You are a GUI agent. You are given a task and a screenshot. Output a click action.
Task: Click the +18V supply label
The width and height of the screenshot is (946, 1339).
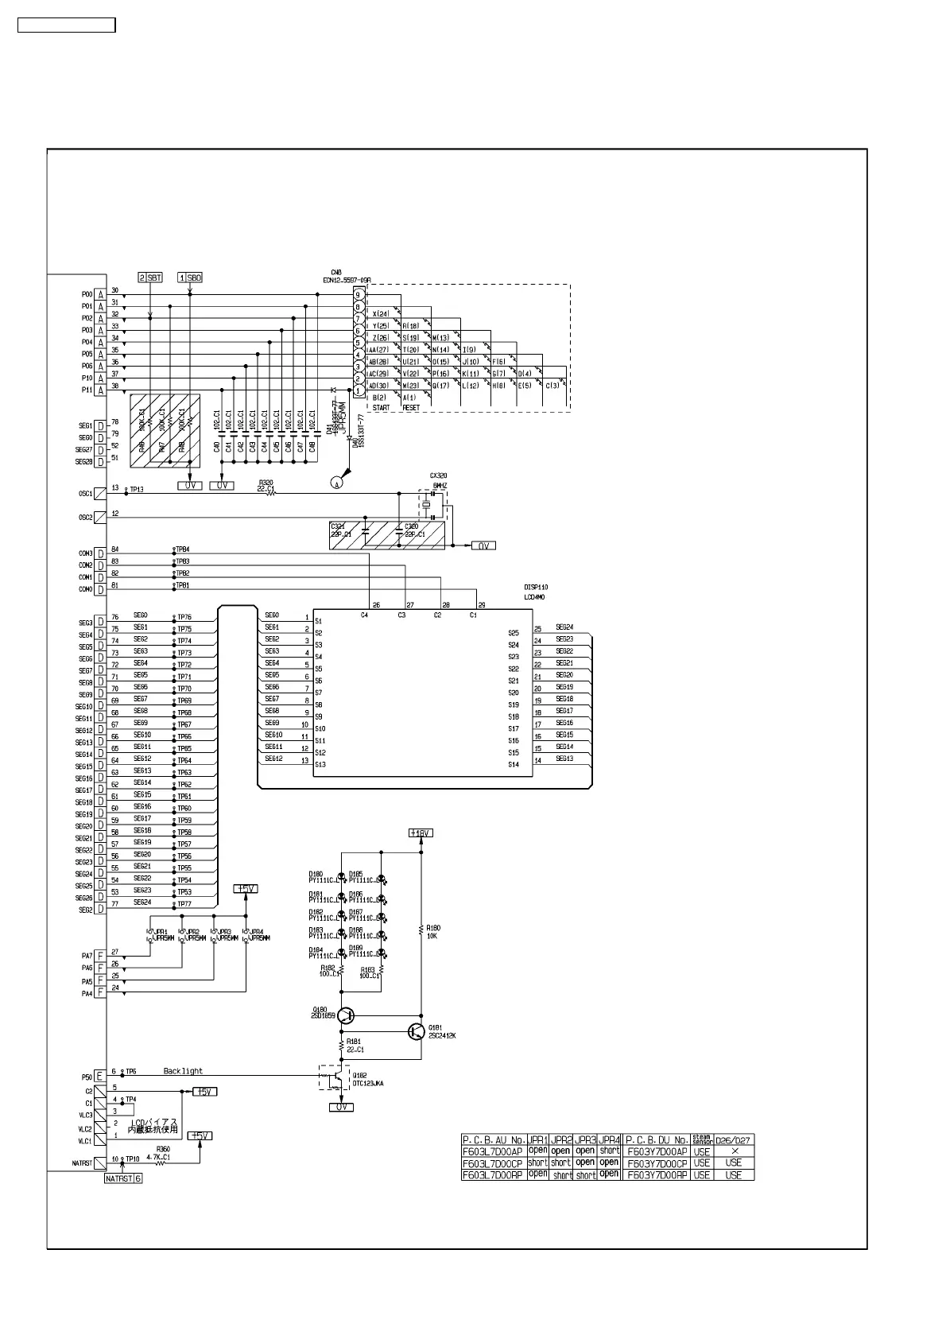tap(421, 833)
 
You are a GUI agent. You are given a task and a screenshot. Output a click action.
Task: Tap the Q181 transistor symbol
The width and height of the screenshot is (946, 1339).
tap(416, 1031)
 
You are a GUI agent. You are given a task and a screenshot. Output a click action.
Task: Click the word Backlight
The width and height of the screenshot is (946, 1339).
tap(183, 1071)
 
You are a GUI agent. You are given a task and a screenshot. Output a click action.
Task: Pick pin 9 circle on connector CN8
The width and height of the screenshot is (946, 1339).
tap(359, 295)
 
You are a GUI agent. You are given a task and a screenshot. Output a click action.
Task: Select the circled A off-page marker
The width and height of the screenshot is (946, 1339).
tap(337, 483)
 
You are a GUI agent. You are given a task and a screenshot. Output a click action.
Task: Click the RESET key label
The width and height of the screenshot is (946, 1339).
tap(411, 408)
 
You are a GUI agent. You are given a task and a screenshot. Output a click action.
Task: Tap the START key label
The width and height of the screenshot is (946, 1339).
tap(382, 408)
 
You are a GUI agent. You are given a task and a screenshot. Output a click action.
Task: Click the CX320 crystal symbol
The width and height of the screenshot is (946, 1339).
tap(427, 505)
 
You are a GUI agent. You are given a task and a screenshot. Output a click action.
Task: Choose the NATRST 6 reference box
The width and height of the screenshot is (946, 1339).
tap(123, 1178)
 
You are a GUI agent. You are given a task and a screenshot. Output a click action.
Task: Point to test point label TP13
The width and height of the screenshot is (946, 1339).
tap(137, 490)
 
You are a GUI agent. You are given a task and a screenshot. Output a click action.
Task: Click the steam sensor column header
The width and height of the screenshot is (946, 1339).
tap(701, 1139)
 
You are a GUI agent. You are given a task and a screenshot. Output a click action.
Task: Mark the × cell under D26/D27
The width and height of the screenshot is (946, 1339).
tap(735, 1151)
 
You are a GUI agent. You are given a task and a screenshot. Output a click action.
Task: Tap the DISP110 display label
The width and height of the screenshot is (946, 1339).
tap(535, 588)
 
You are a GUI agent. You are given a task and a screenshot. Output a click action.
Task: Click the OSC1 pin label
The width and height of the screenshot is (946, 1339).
tap(85, 494)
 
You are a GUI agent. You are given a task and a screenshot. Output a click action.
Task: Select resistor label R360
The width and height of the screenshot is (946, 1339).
tap(163, 1149)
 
